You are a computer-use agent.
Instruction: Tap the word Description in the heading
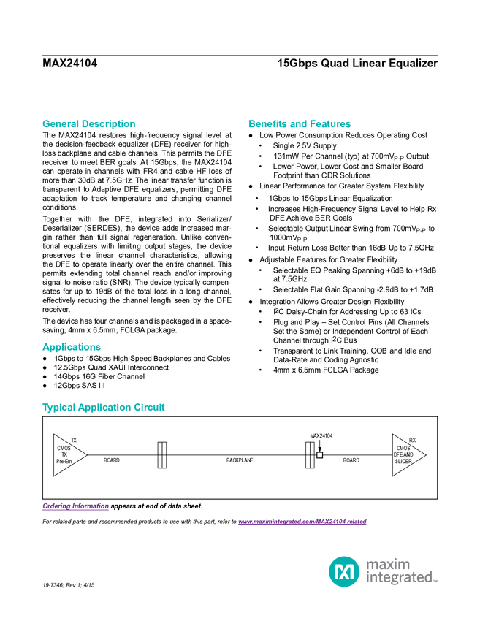click(x=109, y=124)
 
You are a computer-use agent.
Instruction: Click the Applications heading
click(x=72, y=348)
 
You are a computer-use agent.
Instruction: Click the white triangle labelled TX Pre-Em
click(x=65, y=455)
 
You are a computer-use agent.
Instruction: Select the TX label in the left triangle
click(x=64, y=454)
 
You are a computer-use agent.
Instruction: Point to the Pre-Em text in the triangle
click(x=64, y=462)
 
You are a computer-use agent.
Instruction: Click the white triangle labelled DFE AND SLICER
click(x=405, y=454)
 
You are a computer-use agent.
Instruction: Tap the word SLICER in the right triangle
click(x=403, y=462)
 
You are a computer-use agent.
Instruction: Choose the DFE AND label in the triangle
click(x=403, y=454)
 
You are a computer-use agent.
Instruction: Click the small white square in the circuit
click(x=319, y=455)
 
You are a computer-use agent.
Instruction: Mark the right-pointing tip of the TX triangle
click(x=85, y=455)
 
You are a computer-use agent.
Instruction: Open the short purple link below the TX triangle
click(x=75, y=506)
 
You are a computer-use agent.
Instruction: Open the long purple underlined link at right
click(x=302, y=522)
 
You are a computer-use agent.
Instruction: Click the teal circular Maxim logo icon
click(x=343, y=571)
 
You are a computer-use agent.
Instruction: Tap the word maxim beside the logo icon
click(x=388, y=564)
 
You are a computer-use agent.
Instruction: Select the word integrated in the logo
click(x=401, y=579)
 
